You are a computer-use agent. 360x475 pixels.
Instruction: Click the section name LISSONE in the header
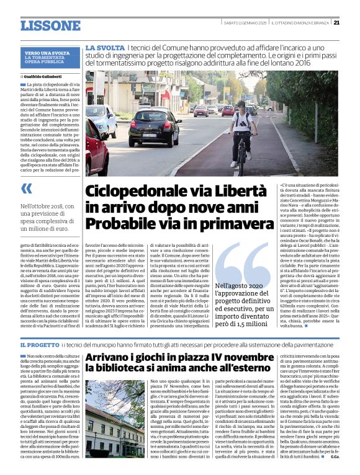click(50, 25)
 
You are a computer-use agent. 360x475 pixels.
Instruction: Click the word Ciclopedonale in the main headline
click(127, 191)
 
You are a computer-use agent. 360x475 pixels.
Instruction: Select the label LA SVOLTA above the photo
click(104, 48)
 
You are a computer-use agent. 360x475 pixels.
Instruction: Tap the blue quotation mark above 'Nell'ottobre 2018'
click(26, 189)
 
